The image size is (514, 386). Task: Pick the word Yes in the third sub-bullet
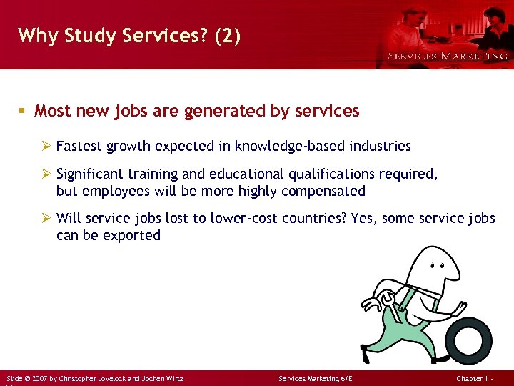tap(365, 218)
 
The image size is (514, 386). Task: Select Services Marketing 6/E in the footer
tap(316, 378)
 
